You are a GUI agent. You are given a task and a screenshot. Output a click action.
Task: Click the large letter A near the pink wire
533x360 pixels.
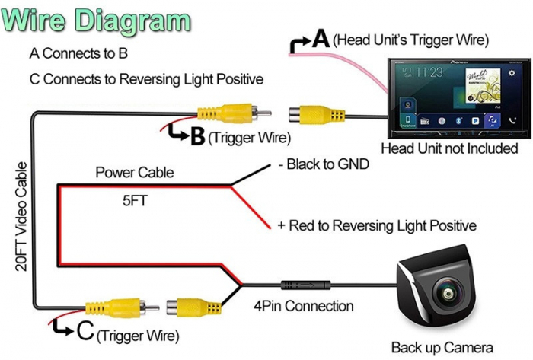(321, 37)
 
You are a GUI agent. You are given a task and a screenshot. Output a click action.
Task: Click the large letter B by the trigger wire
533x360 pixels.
(196, 136)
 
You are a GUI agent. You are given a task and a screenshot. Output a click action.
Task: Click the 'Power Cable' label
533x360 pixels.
(134, 173)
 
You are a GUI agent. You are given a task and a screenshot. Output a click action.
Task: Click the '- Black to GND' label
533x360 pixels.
(323, 164)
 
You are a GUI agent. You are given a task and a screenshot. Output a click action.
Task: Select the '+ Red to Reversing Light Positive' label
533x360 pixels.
(377, 226)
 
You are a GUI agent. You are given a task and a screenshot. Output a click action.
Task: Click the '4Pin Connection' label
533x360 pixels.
(303, 307)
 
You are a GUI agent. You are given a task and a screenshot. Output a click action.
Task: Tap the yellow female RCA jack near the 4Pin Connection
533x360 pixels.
(195, 307)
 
